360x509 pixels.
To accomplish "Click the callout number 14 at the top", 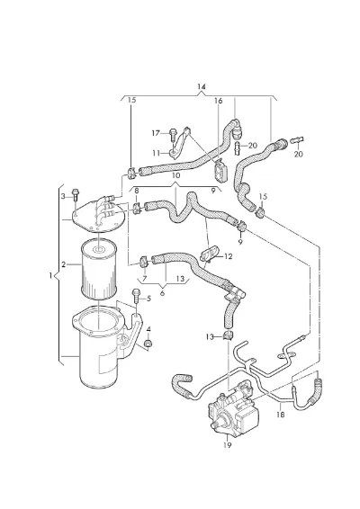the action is pyautogui.click(x=202, y=86).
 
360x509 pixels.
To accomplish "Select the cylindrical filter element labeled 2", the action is pyautogui.click(x=98, y=270).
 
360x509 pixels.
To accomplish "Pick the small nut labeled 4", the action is pyautogui.click(x=148, y=344).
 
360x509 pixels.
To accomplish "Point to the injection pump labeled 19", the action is pyautogui.click(x=234, y=408).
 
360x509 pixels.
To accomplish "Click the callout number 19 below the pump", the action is pyautogui.click(x=227, y=445).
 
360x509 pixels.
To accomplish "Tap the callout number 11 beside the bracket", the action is pyautogui.click(x=157, y=153).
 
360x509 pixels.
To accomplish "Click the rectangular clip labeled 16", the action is pyautogui.click(x=220, y=169).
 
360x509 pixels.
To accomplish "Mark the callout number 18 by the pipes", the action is pyautogui.click(x=281, y=415).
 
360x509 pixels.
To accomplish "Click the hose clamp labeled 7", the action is pyautogui.click(x=144, y=262).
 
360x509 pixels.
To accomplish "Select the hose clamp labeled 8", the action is pyautogui.click(x=137, y=208).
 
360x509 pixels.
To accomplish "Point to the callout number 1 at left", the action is pyautogui.click(x=50, y=275).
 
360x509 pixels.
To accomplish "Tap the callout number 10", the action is pyautogui.click(x=175, y=175).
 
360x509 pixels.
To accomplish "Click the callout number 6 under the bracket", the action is pyautogui.click(x=162, y=293).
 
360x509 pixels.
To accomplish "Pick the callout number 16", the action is pyautogui.click(x=219, y=101).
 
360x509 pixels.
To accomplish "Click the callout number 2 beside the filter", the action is pyautogui.click(x=63, y=264).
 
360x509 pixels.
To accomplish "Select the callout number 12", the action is pyautogui.click(x=229, y=256).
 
